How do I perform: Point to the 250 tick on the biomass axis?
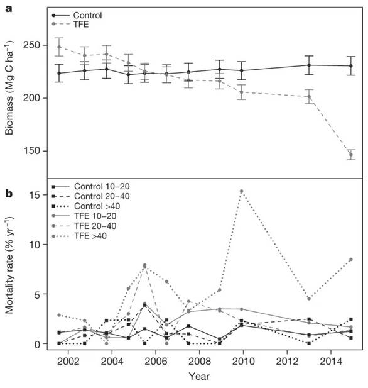tap(34, 45)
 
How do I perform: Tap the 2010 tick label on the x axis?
tap(242, 362)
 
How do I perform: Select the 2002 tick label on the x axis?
tap(68, 362)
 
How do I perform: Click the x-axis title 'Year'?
tap(198, 376)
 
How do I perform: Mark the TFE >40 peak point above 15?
tap(241, 191)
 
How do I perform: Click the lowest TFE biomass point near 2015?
tap(350, 155)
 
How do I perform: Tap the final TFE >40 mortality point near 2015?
tap(350, 260)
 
